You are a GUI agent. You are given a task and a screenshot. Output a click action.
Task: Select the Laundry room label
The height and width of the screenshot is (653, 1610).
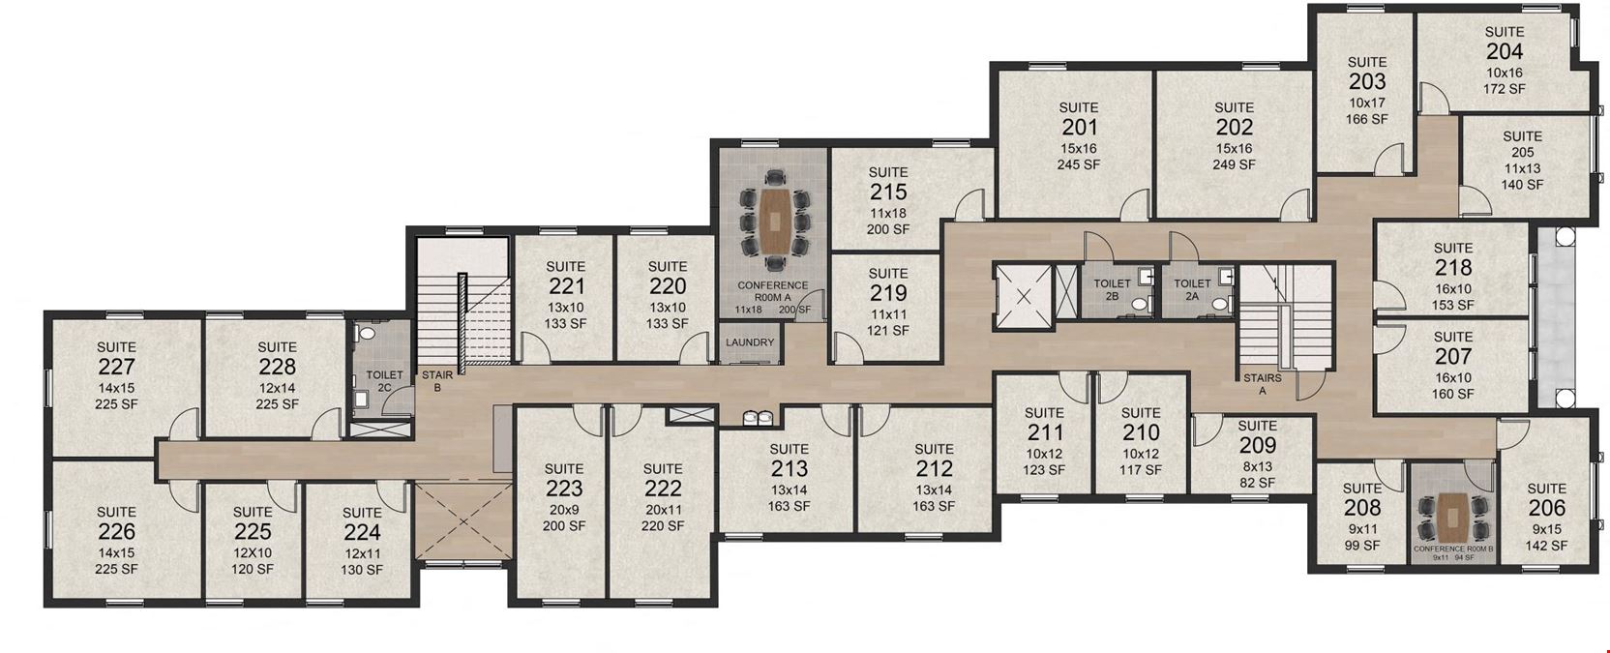point(750,342)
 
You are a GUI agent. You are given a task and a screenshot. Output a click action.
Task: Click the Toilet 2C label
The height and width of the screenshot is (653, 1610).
point(384,381)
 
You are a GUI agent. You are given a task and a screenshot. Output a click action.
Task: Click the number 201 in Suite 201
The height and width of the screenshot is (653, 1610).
point(1079,128)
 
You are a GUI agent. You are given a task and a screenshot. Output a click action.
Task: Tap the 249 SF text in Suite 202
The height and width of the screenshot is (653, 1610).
point(1234,164)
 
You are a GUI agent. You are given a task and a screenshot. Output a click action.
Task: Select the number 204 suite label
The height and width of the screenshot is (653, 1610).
point(1504,52)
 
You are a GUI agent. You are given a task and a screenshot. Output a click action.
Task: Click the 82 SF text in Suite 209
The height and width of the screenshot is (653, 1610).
point(1257,483)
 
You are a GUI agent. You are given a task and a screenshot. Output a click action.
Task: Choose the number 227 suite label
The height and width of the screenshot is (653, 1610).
point(116,368)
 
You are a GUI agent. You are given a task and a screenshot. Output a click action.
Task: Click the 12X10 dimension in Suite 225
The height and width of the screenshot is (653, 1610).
point(253,552)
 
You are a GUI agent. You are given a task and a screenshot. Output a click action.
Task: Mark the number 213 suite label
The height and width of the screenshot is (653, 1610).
point(789,469)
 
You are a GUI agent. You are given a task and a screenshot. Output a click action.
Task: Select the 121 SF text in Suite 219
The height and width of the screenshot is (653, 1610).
point(887,331)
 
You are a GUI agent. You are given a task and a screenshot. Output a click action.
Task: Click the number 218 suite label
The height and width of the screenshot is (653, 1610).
point(1452,268)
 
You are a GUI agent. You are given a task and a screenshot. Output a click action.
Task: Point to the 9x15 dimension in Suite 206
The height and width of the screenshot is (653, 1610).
point(1546,529)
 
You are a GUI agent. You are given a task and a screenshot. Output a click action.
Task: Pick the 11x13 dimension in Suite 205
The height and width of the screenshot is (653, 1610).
point(1522,168)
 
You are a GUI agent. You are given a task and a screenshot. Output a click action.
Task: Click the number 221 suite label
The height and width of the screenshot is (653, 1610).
point(566,286)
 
